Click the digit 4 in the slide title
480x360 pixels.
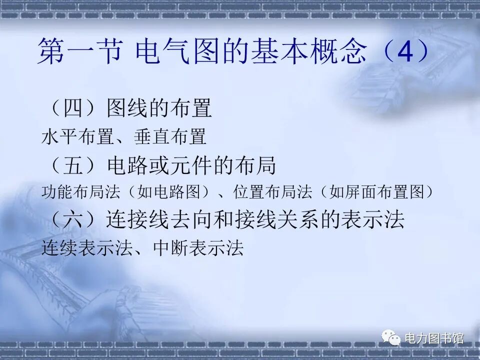(405, 52)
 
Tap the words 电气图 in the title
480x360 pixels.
(178, 52)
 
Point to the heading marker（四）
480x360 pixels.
(71, 108)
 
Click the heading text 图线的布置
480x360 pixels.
(159, 108)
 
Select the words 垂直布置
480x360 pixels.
(170, 136)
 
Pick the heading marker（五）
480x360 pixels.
(71, 165)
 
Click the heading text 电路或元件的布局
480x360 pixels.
(191, 165)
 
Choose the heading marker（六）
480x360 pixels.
(71, 220)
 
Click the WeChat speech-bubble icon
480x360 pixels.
(391, 338)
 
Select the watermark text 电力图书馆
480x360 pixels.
(433, 338)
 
